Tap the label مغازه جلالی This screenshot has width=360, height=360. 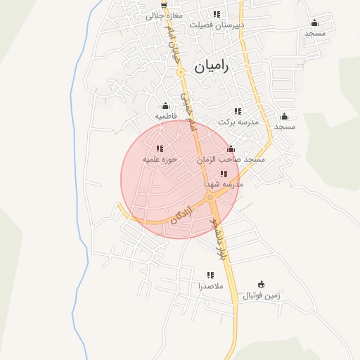[165, 15]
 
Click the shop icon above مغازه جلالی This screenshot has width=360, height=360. [164, 4]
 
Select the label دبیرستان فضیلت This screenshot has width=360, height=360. [217, 24]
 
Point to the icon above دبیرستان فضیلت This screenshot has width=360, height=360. [217, 14]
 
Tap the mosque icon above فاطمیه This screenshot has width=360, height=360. [166, 106]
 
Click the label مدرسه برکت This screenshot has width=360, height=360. [238, 122]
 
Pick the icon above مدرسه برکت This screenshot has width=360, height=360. [238, 111]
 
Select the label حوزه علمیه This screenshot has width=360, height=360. [159, 159]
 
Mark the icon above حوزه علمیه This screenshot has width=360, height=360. [160, 148]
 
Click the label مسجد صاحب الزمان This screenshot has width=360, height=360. [231, 160]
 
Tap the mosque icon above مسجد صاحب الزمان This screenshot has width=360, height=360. [231, 149]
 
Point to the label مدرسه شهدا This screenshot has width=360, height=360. [224, 184]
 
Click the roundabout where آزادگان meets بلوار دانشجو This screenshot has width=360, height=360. [211, 198]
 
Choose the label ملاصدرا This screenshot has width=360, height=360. [210, 286]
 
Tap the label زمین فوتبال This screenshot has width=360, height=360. [262, 295]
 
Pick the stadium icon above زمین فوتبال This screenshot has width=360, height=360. [262, 285]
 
